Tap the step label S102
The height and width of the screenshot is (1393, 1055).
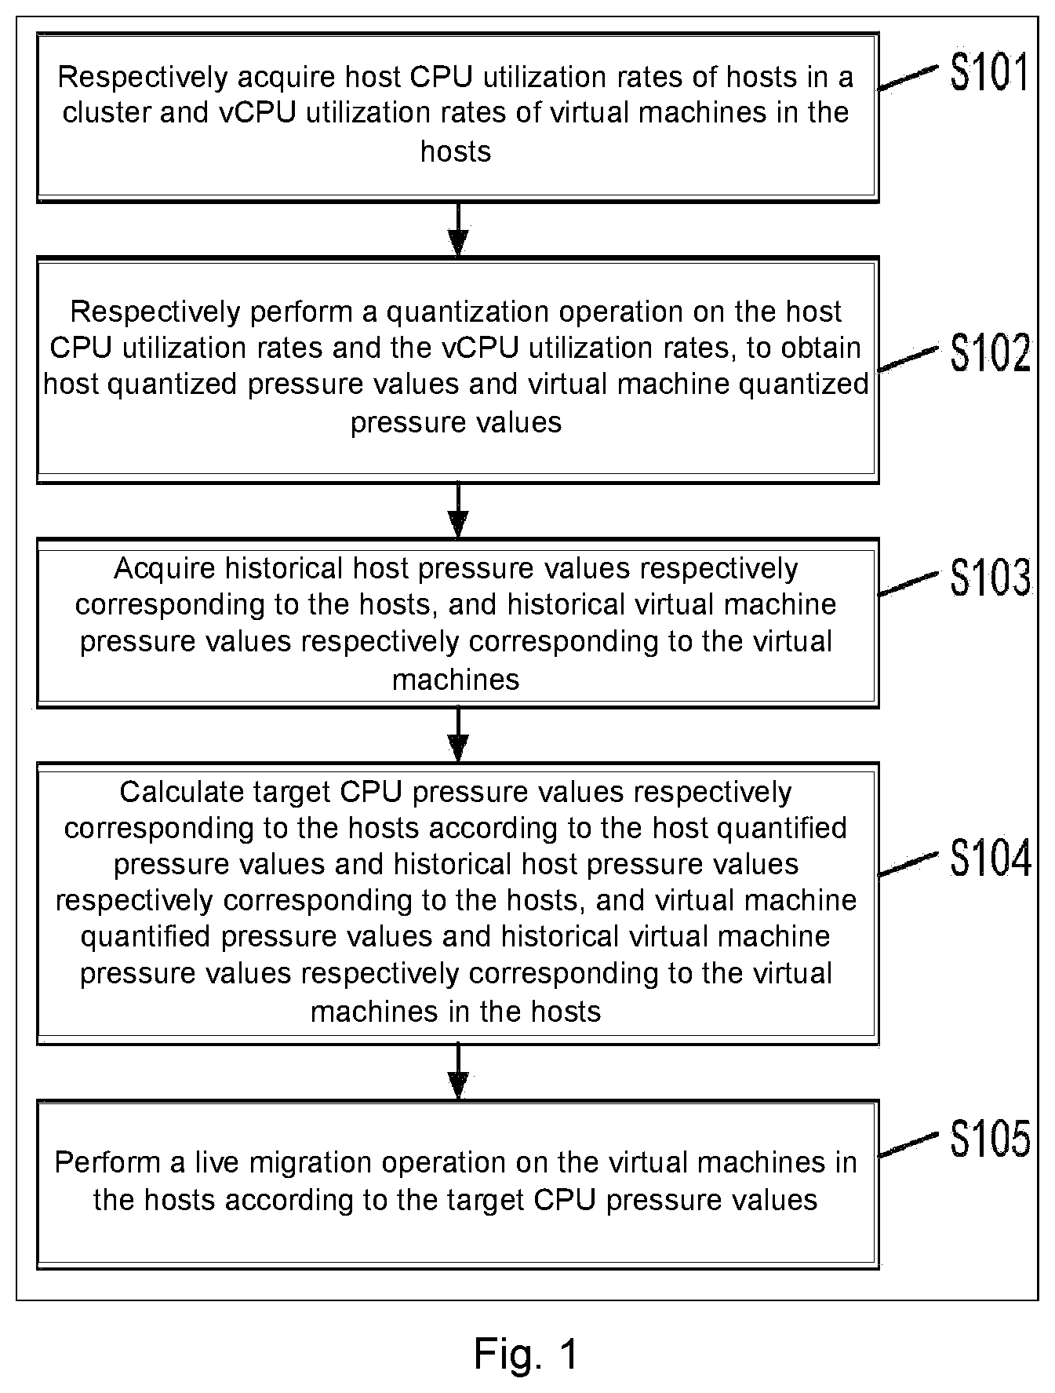(x=990, y=352)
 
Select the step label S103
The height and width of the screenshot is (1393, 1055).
(x=990, y=578)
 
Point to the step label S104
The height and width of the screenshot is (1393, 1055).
(x=991, y=859)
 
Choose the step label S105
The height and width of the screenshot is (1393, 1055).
(x=990, y=1140)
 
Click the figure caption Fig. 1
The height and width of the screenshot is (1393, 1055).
(x=526, y=1353)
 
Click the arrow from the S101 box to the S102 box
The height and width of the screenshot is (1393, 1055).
(x=458, y=229)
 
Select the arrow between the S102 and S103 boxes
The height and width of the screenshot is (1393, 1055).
(x=458, y=510)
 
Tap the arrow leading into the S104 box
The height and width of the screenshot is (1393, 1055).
(x=458, y=735)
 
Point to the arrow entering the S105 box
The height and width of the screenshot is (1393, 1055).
(x=458, y=1072)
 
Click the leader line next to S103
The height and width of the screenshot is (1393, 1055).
(x=908, y=583)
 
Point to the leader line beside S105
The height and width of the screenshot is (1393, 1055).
(x=908, y=1144)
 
